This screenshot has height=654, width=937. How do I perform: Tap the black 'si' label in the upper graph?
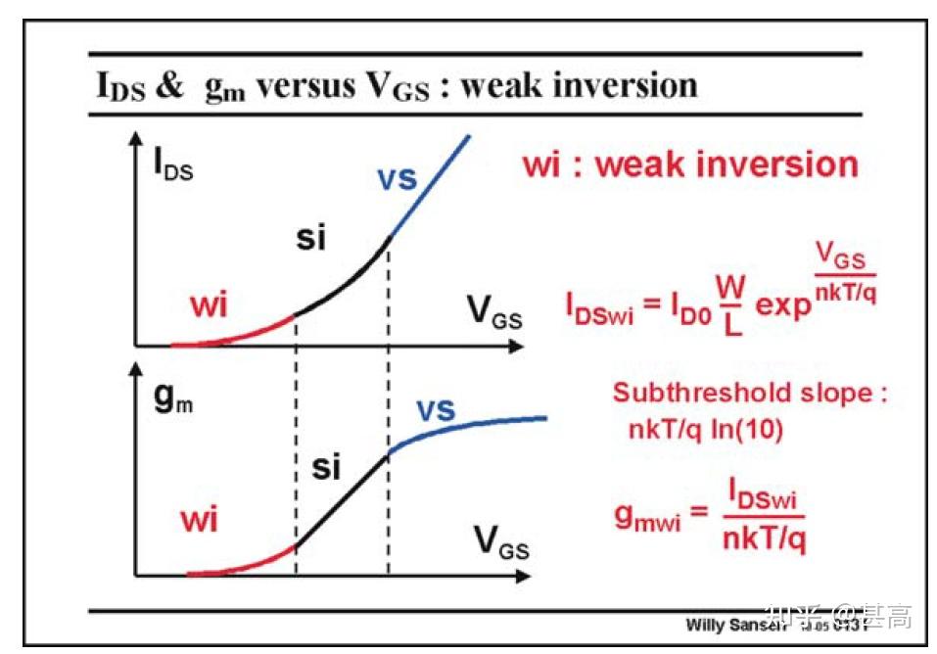[313, 238]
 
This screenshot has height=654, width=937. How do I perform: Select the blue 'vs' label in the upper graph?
[397, 179]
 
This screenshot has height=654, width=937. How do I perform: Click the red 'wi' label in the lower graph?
[199, 519]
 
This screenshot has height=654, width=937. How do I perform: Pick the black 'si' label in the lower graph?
[326, 468]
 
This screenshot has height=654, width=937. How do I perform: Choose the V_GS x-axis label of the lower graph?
[500, 540]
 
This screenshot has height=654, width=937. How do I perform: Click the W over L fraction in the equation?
[730, 305]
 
